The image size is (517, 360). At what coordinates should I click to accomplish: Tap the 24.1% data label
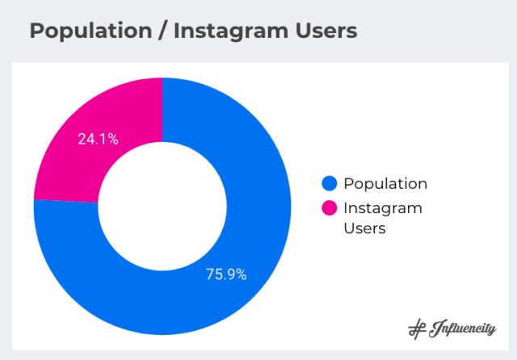click(98, 139)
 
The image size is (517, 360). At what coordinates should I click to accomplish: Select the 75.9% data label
click(226, 274)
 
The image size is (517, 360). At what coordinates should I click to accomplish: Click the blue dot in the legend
click(329, 184)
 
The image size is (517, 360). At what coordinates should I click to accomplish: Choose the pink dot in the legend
click(329, 208)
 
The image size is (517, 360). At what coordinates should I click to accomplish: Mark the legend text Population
click(385, 184)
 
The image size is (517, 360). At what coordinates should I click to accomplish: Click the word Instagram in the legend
click(383, 208)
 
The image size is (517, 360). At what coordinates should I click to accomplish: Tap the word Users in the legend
click(364, 228)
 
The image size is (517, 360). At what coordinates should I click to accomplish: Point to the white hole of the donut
click(162, 206)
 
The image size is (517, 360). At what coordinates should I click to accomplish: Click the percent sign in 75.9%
click(240, 274)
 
